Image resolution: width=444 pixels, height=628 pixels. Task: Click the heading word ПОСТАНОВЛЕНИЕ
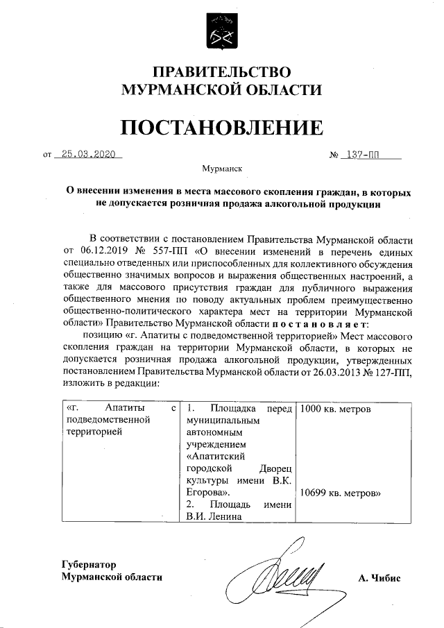pos(222,128)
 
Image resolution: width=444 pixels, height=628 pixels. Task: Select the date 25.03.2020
pos(87,155)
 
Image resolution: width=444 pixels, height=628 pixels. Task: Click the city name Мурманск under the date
pos(222,169)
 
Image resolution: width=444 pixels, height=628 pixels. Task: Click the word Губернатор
pos(88,564)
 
